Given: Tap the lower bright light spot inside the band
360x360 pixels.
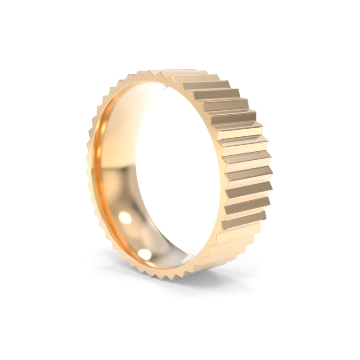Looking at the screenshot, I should click(145, 254).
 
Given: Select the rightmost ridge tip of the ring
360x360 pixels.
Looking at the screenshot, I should click(272, 155).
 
